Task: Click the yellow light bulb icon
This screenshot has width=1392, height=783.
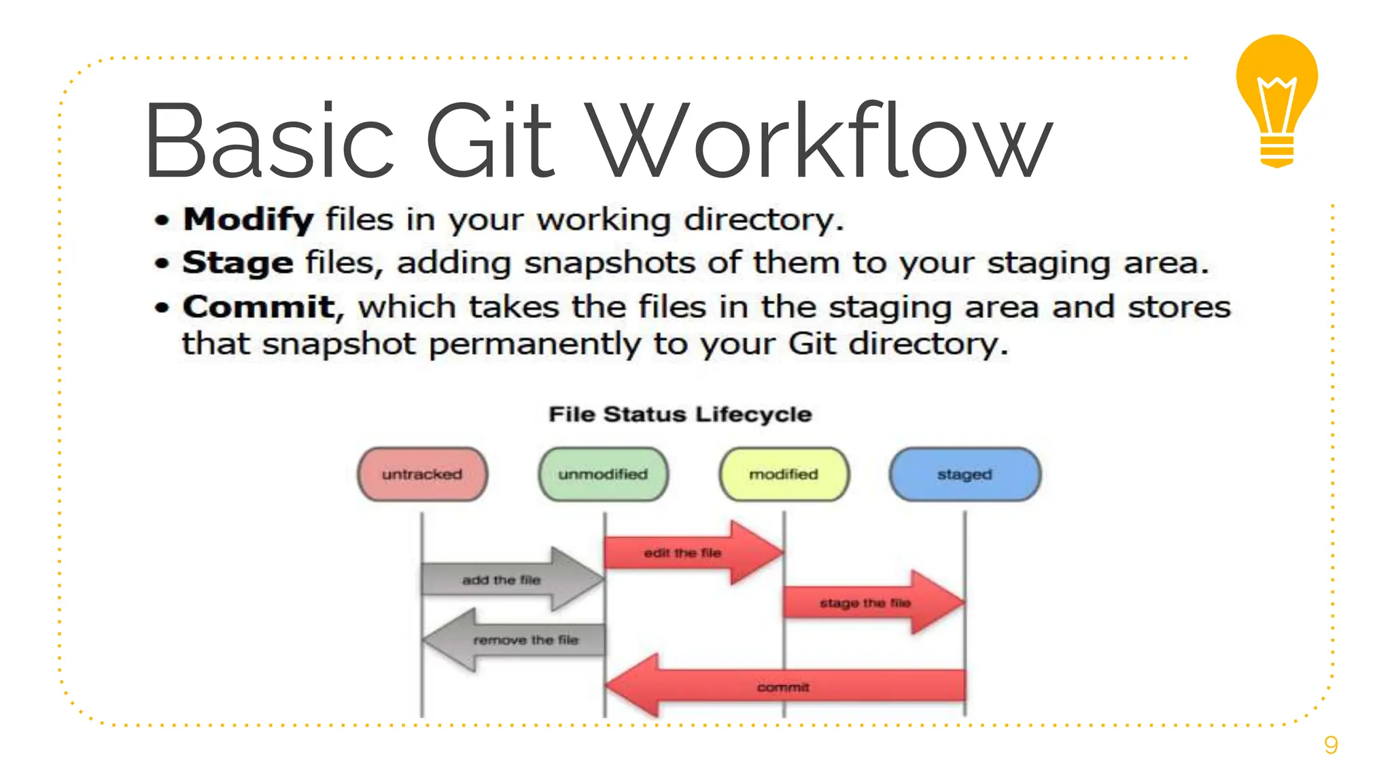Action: point(1276,99)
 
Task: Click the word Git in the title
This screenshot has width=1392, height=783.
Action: point(490,141)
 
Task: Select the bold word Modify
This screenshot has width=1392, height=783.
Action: point(248,220)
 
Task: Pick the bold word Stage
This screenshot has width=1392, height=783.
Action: point(237,263)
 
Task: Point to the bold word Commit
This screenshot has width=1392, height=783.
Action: point(259,307)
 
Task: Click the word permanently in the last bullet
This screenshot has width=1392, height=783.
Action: point(534,345)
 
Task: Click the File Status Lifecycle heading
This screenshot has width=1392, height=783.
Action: point(680,414)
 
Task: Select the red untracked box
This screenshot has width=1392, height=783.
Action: point(422,474)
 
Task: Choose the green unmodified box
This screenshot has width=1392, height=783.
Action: point(603,474)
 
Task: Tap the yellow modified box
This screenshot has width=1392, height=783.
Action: point(784,474)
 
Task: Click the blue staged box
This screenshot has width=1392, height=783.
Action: point(964,474)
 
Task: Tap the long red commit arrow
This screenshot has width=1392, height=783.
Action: point(784,686)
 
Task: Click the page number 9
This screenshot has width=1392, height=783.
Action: point(1331,745)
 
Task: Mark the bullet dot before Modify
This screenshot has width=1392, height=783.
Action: point(161,220)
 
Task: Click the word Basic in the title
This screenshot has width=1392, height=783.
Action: point(269,141)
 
